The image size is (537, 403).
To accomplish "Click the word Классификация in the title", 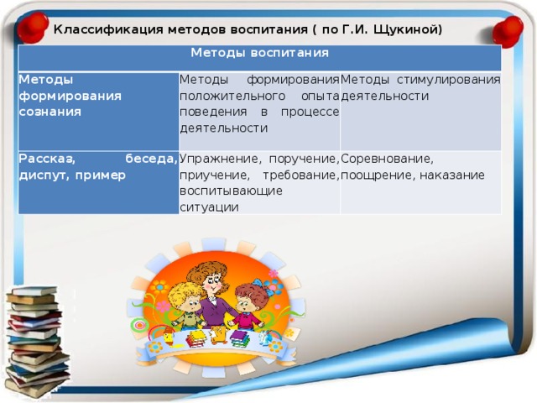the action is point(108,30).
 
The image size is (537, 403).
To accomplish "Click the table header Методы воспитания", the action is point(259,53).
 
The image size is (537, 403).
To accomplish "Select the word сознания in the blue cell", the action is point(50,112).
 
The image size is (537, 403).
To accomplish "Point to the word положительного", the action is point(232,96).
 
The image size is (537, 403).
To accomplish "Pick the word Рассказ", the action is point(47,159).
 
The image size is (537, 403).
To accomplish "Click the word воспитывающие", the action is point(232,191).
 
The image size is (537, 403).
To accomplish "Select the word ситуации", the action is point(209,207).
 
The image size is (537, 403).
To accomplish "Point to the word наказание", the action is point(452,175).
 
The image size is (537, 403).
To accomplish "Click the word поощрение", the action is point(378,175).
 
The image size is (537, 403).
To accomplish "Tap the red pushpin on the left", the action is point(33,28).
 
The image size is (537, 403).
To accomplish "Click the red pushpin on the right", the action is point(508,31).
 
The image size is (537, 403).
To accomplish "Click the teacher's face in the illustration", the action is point(211,283).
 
